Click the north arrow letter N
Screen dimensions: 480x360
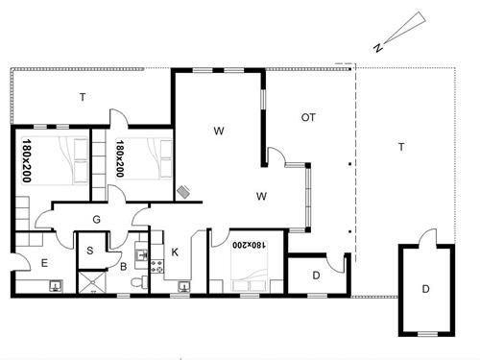coord(378,47)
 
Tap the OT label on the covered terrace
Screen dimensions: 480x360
coord(308,118)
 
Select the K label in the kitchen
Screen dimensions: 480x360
coord(175,252)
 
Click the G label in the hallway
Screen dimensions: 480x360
coord(96,220)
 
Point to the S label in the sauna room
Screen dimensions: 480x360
coord(90,251)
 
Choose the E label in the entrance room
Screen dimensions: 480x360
coord(44,263)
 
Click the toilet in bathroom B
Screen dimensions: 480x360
coord(139,282)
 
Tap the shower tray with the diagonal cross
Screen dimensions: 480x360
coord(92,282)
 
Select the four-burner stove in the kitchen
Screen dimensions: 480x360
coord(157,267)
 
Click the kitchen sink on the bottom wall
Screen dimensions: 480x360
coord(184,286)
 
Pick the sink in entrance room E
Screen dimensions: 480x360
coord(56,285)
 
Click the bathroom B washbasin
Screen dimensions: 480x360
coord(141,255)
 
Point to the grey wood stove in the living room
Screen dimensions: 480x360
coord(183,192)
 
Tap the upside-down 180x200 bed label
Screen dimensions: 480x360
coord(250,245)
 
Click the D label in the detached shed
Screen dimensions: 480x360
coord(425,289)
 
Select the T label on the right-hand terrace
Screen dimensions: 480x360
coord(401,147)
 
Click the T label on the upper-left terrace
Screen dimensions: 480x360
coord(83,97)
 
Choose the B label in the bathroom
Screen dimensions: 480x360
coord(123,267)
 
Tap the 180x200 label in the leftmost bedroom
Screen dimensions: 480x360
coord(27,160)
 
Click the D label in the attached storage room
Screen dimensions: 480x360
coord(316,276)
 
